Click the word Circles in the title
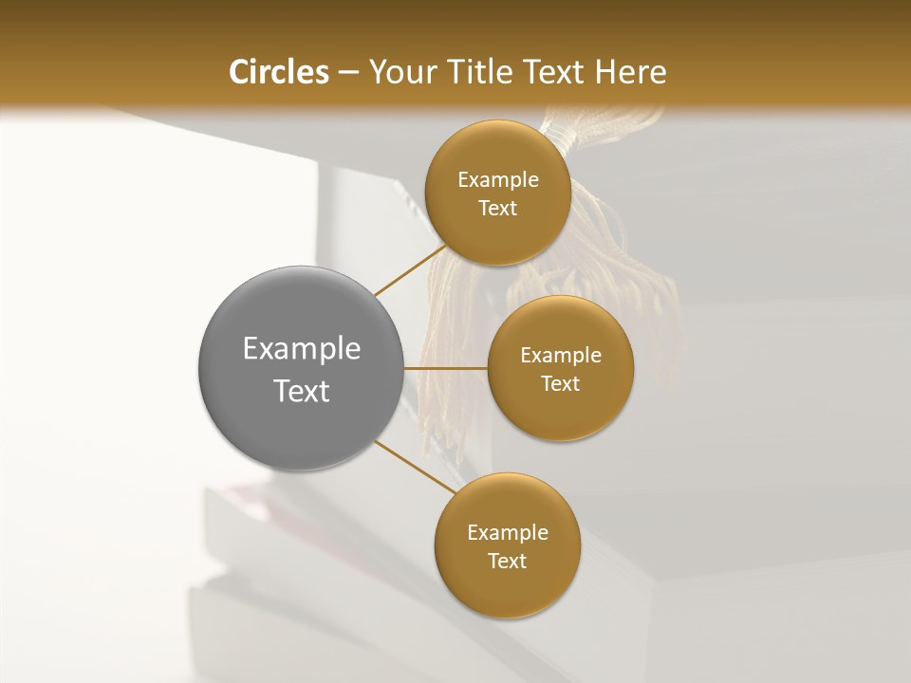(x=278, y=72)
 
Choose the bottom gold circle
(x=507, y=588)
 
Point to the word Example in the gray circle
(x=302, y=349)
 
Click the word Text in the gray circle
(x=302, y=391)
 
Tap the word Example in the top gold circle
(x=498, y=180)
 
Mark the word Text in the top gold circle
(x=498, y=209)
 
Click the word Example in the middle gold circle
(x=561, y=356)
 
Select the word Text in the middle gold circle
(x=561, y=384)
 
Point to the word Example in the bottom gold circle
(x=508, y=533)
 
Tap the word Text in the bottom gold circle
(x=508, y=562)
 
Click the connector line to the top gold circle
(x=409, y=269)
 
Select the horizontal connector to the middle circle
(x=446, y=367)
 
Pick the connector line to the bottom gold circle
(x=416, y=467)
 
